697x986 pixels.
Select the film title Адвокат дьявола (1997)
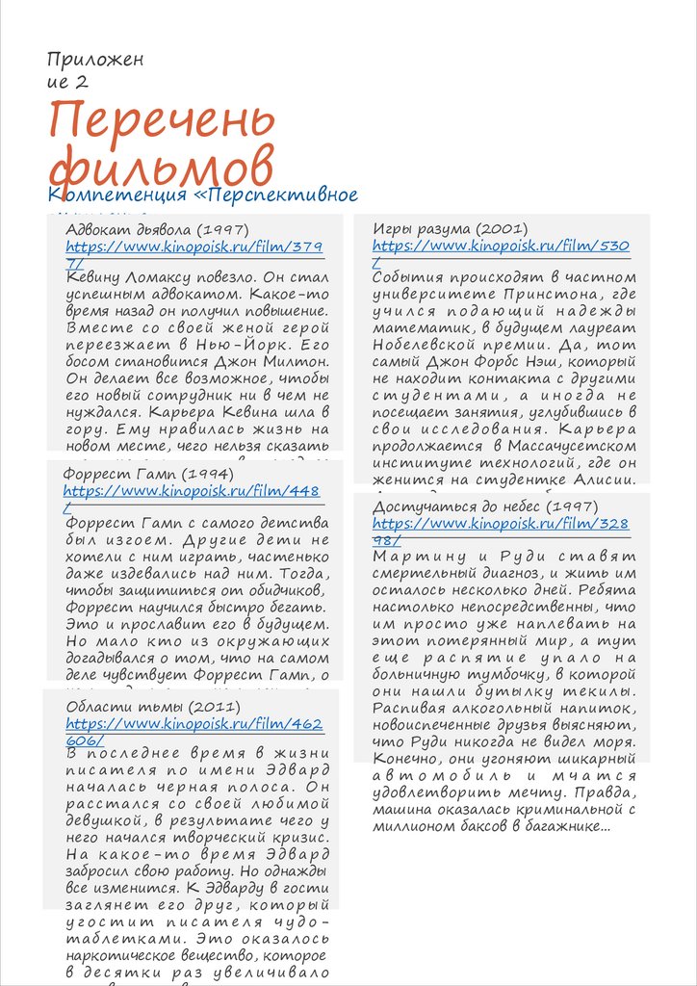[158, 230]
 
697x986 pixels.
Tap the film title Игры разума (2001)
[450, 229]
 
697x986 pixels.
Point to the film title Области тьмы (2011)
[145, 707]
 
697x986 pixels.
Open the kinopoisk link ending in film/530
[501, 246]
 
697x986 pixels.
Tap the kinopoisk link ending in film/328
[501, 524]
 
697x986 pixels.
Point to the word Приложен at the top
[95, 60]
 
